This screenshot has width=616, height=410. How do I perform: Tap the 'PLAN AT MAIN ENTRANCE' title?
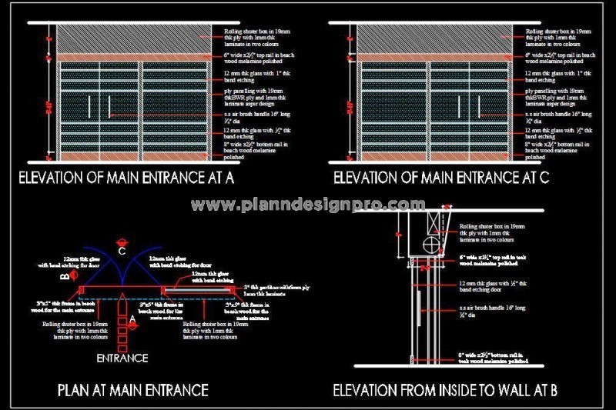coord(132,390)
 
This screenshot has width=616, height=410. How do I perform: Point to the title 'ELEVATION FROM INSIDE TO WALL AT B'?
coord(445,390)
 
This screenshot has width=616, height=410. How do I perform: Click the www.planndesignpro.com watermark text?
coord(308,205)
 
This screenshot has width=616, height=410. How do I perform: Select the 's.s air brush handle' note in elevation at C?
coord(557,116)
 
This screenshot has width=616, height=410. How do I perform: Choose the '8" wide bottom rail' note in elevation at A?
coord(247,149)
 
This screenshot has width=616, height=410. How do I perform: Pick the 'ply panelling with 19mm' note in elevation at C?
coord(557,95)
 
